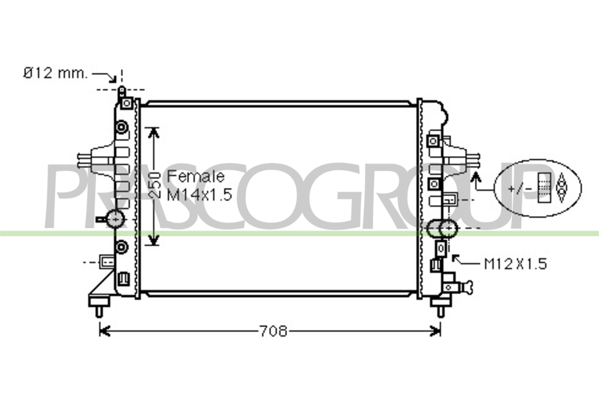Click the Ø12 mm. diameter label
(55, 73)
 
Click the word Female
(196, 176)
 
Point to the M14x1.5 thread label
(199, 196)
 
